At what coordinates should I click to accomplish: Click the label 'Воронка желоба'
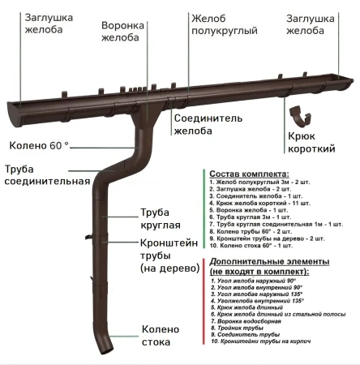coord(122,32)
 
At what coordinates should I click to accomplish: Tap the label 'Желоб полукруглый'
coord(225,24)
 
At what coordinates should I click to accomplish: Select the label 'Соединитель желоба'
coord(208,125)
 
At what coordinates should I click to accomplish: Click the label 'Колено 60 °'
coord(39,145)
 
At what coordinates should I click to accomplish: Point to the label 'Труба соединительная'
coord(47,175)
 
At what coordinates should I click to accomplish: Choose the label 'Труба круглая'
coord(161,219)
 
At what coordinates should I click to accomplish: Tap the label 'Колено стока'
coord(161,336)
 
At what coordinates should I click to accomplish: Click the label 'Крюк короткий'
coord(311,142)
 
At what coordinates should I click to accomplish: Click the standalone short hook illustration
coord(300,117)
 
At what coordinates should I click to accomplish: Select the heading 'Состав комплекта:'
coord(249,174)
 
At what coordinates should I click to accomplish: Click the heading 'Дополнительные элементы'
coord(269,262)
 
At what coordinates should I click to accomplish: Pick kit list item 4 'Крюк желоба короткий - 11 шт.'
coord(259,203)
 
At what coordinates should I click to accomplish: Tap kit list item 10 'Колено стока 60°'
coord(251,246)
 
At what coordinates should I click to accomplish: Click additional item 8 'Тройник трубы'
coord(238,328)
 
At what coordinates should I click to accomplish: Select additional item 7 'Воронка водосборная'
coord(246,321)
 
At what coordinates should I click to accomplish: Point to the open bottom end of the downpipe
coord(107,351)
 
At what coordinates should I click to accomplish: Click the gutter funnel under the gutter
coord(146,115)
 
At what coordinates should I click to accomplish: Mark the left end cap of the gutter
coord(14,114)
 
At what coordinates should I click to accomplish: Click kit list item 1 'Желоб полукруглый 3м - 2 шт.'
coord(259,182)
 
